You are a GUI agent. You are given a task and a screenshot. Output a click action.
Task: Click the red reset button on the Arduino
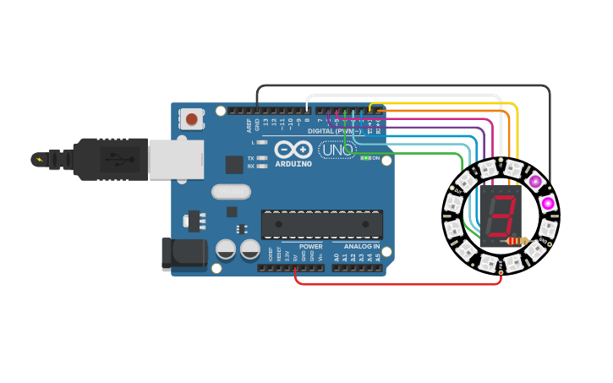click(x=192, y=119)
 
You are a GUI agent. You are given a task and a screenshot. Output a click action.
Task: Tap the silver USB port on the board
click(x=176, y=159)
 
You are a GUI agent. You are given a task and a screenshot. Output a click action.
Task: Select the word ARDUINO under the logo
click(x=293, y=164)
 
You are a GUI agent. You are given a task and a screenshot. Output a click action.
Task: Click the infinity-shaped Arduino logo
click(x=293, y=149)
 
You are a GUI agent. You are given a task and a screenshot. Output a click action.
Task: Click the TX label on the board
click(x=251, y=158)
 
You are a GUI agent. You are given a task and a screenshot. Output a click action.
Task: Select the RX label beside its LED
click(x=251, y=167)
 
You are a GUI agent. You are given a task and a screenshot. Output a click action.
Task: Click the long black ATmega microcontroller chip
click(x=321, y=224)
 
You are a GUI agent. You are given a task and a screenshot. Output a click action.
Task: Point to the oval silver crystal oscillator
click(x=231, y=192)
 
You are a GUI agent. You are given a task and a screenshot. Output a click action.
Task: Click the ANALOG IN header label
click(x=361, y=247)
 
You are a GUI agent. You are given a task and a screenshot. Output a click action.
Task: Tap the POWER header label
click(x=310, y=247)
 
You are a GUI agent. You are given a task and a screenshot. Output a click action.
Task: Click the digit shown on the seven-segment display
click(x=504, y=216)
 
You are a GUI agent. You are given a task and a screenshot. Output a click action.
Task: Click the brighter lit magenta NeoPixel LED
click(x=548, y=203)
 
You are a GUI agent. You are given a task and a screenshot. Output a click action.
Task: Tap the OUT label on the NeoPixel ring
click(x=459, y=191)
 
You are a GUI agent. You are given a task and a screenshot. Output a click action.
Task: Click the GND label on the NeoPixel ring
click(x=544, y=240)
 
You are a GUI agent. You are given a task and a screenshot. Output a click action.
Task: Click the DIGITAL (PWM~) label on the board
click(x=335, y=131)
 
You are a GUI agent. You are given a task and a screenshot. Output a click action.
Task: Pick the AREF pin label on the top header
click(x=249, y=125)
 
